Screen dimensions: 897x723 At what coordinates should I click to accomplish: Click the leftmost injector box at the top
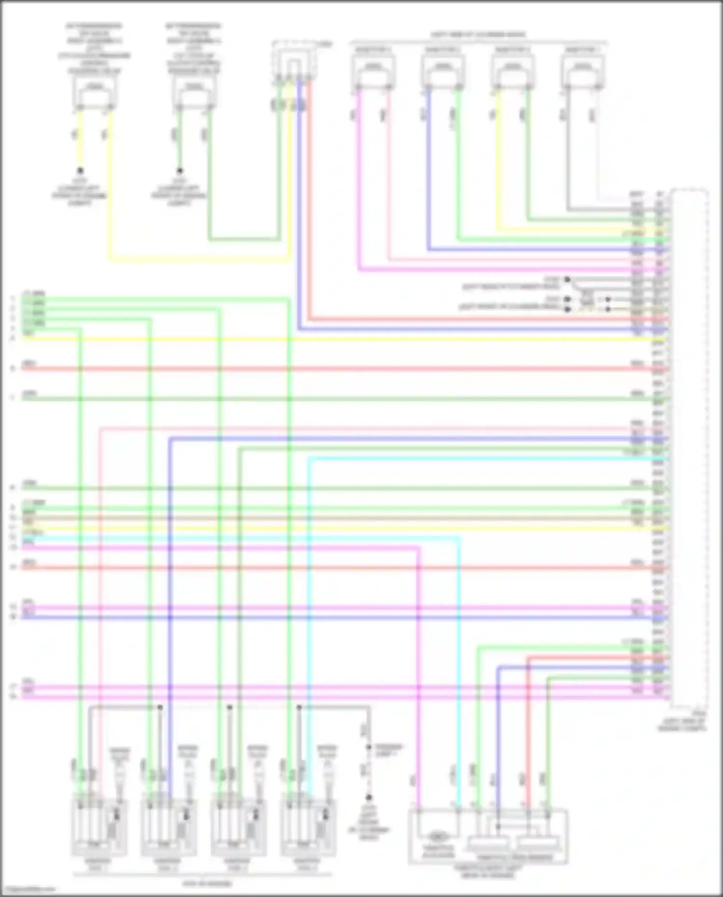click(373, 71)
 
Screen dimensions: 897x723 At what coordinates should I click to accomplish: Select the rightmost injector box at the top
click(583, 71)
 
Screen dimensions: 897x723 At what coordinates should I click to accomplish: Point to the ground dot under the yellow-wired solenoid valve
click(80, 171)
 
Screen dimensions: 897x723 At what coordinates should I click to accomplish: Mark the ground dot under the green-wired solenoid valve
click(180, 171)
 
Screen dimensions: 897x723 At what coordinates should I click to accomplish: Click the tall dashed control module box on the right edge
click(690, 448)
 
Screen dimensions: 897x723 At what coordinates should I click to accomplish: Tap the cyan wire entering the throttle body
click(458, 675)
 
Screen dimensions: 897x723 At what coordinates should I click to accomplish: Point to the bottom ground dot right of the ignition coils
click(369, 797)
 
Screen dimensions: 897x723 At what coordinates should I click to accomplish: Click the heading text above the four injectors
click(478, 35)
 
